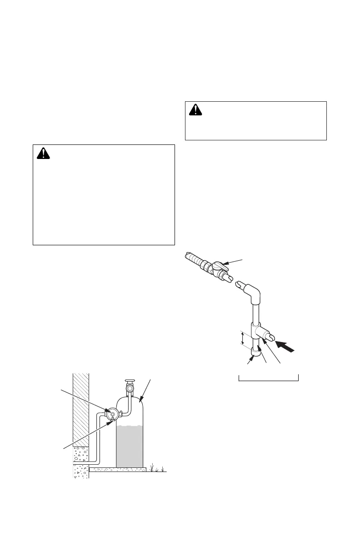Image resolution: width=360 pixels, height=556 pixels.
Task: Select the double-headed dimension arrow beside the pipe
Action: pos(242,338)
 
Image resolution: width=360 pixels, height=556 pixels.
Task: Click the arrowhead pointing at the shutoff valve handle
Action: pos(227,263)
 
